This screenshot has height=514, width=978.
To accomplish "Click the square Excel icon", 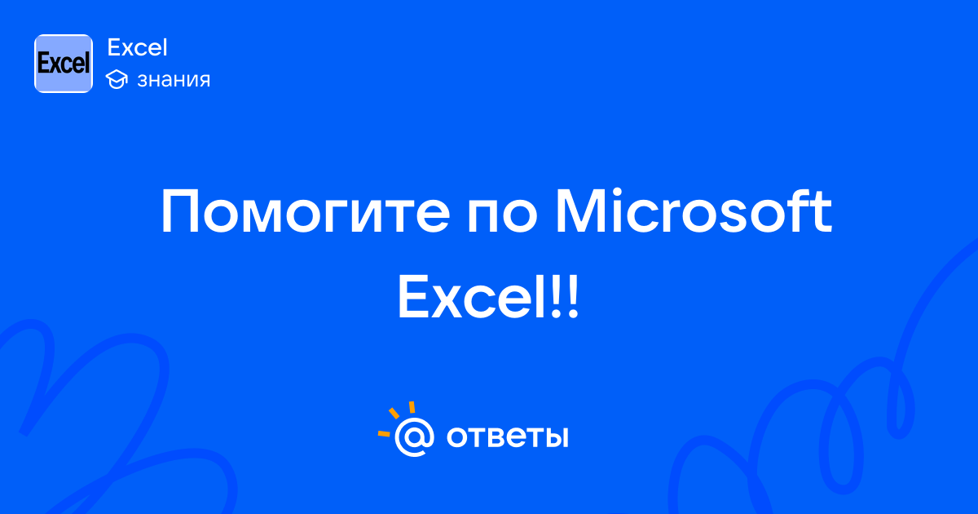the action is [64, 64].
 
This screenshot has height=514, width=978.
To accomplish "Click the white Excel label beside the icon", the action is [137, 47].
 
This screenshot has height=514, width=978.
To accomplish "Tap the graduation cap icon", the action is [117, 79].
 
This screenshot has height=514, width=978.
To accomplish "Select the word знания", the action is [174, 80].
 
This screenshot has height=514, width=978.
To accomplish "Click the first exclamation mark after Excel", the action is [556, 296].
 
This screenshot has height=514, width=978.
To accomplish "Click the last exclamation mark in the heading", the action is [573, 296].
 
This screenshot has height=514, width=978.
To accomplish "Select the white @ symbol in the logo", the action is [414, 436].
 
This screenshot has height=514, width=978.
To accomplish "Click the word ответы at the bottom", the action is [507, 436].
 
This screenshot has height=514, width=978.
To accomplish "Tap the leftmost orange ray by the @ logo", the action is [384, 433].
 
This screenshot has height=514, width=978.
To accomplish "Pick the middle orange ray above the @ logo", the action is [394, 413].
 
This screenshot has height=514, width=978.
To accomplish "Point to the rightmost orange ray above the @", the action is [412, 407].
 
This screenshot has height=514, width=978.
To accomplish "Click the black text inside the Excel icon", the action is [64, 64].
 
